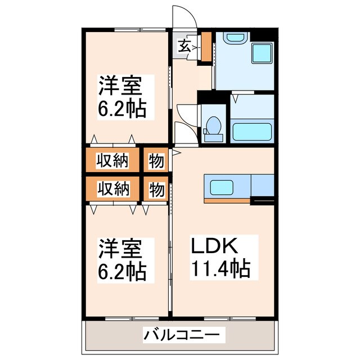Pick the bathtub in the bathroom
(252, 131)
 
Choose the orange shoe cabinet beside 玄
(206, 47)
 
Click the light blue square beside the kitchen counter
(262, 185)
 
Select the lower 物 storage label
(156, 189)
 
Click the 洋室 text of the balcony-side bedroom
(120, 249)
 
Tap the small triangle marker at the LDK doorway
(176, 152)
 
